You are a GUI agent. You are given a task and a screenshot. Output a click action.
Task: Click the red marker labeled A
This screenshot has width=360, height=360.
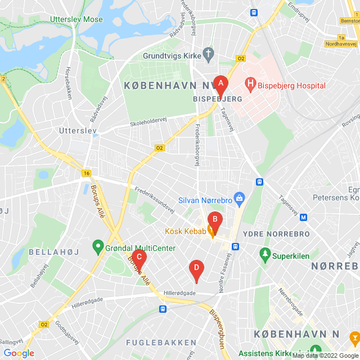pyautogui.click(x=220, y=85)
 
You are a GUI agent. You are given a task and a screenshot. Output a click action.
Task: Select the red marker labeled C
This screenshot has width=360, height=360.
pyautogui.click(x=139, y=259)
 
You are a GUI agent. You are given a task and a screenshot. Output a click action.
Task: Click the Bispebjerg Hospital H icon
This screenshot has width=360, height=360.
pyautogui.click(x=250, y=86)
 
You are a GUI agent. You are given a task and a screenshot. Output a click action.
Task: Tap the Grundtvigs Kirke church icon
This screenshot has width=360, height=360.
pyautogui.click(x=209, y=55)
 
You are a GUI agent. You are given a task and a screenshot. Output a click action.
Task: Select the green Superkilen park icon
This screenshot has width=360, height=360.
pyautogui.click(x=265, y=255)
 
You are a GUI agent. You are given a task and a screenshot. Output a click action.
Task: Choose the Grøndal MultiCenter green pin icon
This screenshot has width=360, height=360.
pyautogui.click(x=97, y=247)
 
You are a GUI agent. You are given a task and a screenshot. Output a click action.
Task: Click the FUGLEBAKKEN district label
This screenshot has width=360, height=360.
pyautogui.click(x=161, y=342)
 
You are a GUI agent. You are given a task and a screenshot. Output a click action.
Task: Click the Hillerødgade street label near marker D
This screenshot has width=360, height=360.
pyautogui.click(x=179, y=293)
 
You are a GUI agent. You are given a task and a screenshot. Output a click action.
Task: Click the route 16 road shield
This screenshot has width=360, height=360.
pyautogui.click(x=85, y=173)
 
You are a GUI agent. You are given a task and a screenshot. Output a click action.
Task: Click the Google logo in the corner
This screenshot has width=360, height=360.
pyautogui.click(x=19, y=353)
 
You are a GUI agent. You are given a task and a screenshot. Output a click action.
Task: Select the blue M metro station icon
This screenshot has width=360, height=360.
pyautogui.click(x=304, y=217)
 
